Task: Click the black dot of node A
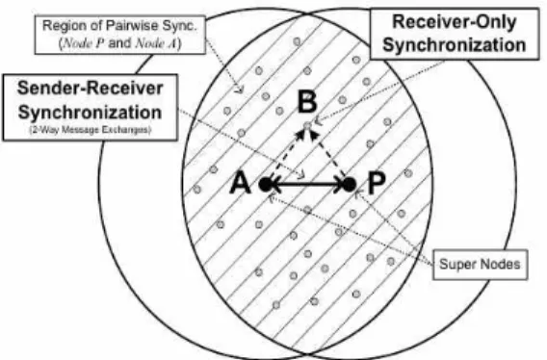[x=266, y=184]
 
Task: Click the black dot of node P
[x=350, y=184]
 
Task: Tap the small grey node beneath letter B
[x=307, y=125]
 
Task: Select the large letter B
[x=307, y=102]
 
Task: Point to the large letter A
[x=241, y=183]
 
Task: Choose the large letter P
[x=377, y=183]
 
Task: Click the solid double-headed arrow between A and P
[x=307, y=185]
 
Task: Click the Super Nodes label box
[x=480, y=265]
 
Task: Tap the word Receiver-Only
[x=455, y=21]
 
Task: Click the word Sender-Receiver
[x=90, y=88]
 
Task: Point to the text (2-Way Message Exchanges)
[x=90, y=130]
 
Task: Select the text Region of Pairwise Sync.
[x=119, y=25]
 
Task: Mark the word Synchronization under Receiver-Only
[x=455, y=45]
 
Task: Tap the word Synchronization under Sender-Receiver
[x=90, y=113]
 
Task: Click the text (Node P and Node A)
[x=120, y=43]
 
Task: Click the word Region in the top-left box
[x=58, y=26]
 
